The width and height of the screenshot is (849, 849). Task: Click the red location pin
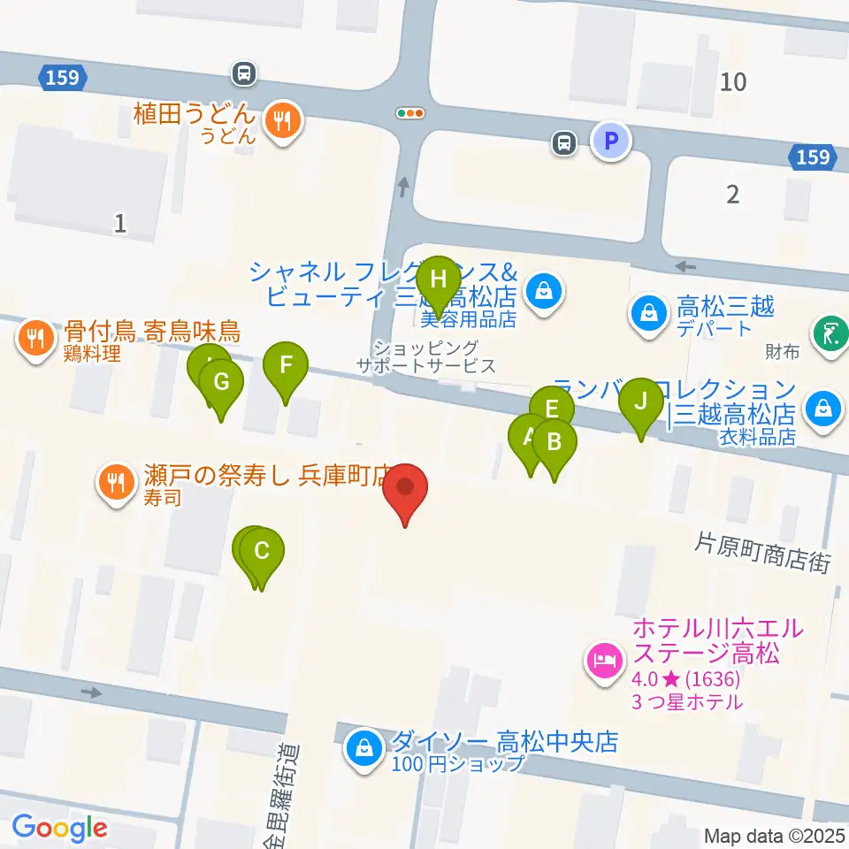(406, 488)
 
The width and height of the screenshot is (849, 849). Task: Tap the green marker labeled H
(438, 281)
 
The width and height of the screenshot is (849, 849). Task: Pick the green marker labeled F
(285, 366)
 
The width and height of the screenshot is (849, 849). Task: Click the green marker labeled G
(221, 384)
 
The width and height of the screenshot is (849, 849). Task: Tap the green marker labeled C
(262, 553)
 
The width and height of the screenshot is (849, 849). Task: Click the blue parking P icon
(610, 141)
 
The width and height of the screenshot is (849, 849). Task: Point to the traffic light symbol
(410, 113)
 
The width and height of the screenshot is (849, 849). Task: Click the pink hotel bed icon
(605, 660)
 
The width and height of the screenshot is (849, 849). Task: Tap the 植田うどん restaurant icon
(284, 121)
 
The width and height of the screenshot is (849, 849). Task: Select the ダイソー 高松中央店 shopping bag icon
(363, 749)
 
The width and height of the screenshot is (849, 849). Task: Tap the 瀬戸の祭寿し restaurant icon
(116, 482)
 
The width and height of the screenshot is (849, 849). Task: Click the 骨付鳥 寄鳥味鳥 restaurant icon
(35, 339)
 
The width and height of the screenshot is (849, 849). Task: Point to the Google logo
(59, 829)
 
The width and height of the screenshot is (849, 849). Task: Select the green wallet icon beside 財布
(830, 335)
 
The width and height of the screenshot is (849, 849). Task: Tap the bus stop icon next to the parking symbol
(563, 141)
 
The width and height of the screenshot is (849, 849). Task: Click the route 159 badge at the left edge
(64, 78)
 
